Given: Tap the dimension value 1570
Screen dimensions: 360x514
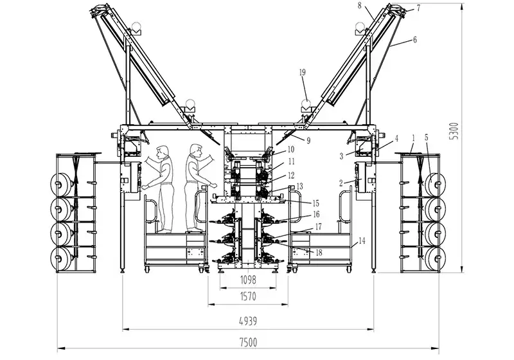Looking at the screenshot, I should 248,296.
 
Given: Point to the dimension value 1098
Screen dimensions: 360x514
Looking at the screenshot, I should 248,280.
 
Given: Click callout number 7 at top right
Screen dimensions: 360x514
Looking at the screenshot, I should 418,8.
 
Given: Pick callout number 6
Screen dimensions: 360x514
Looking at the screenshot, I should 414,39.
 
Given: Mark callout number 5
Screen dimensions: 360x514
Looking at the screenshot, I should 426,138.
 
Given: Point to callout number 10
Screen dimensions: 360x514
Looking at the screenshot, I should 290,149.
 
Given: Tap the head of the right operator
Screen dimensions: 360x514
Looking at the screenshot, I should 195,152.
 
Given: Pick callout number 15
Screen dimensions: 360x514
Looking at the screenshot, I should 297,203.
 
